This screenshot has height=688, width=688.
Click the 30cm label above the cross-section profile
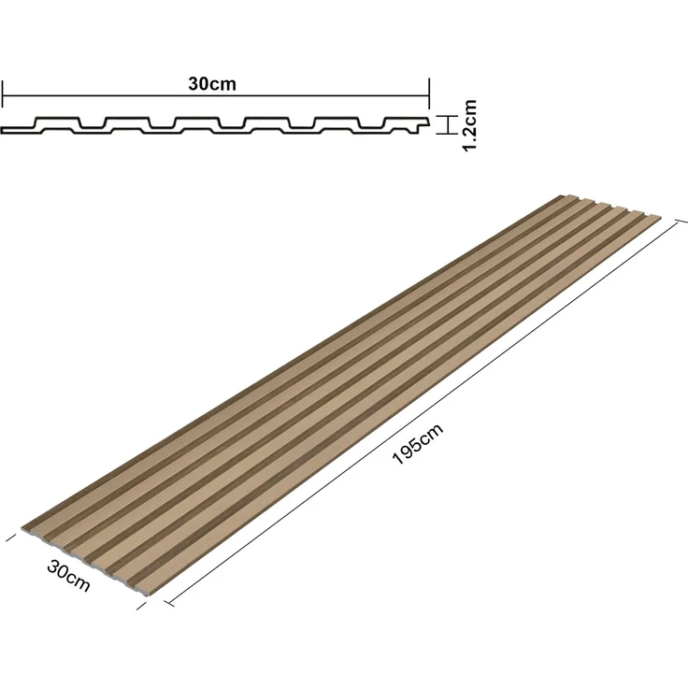click(x=212, y=83)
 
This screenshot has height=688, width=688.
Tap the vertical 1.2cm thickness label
click(x=469, y=125)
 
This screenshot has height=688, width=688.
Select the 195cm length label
click(x=417, y=444)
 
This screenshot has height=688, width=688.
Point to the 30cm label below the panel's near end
click(x=68, y=576)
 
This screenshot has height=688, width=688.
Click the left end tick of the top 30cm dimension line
click(x=3, y=93)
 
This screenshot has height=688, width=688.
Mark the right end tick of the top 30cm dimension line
click(x=429, y=93)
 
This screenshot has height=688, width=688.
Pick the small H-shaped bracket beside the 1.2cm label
click(x=447, y=125)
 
